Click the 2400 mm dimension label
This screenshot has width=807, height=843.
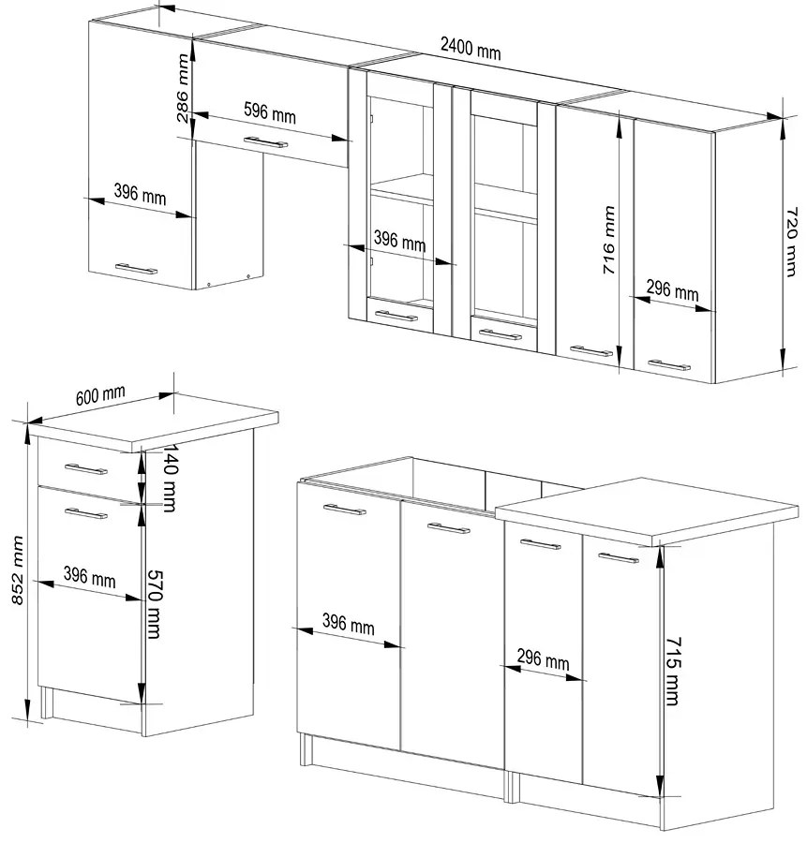pyautogui.click(x=471, y=49)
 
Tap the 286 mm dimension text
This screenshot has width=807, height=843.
pyautogui.click(x=183, y=88)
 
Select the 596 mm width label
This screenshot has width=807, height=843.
pyautogui.click(x=270, y=112)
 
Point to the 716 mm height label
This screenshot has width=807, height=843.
pyautogui.click(x=608, y=240)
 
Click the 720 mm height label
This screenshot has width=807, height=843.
pyautogui.click(x=790, y=242)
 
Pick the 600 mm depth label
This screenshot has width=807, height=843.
pyautogui.click(x=100, y=395)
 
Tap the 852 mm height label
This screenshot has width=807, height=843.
pyautogui.click(x=19, y=569)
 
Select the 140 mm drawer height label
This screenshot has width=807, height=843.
pyautogui.click(x=170, y=478)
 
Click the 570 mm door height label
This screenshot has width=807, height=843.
pyautogui.click(x=154, y=604)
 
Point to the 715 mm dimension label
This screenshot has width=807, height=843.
pyautogui.click(x=673, y=671)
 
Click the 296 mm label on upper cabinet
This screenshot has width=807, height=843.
pyautogui.click(x=672, y=291)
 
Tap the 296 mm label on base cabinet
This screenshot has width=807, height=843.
pyautogui.click(x=543, y=659)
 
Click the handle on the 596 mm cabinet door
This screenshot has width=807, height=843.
pyautogui.click(x=266, y=142)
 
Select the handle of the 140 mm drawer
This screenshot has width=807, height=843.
pyautogui.click(x=86, y=470)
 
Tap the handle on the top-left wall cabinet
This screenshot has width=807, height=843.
pyautogui.click(x=136, y=268)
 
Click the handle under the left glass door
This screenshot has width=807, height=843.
pyautogui.click(x=396, y=316)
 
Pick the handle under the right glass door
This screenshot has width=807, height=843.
pyautogui.click(x=501, y=335)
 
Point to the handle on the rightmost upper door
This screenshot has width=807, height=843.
pyautogui.click(x=668, y=365)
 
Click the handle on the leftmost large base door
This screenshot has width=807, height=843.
pyautogui.click(x=345, y=509)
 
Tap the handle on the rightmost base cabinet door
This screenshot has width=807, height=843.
pyautogui.click(x=619, y=557)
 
